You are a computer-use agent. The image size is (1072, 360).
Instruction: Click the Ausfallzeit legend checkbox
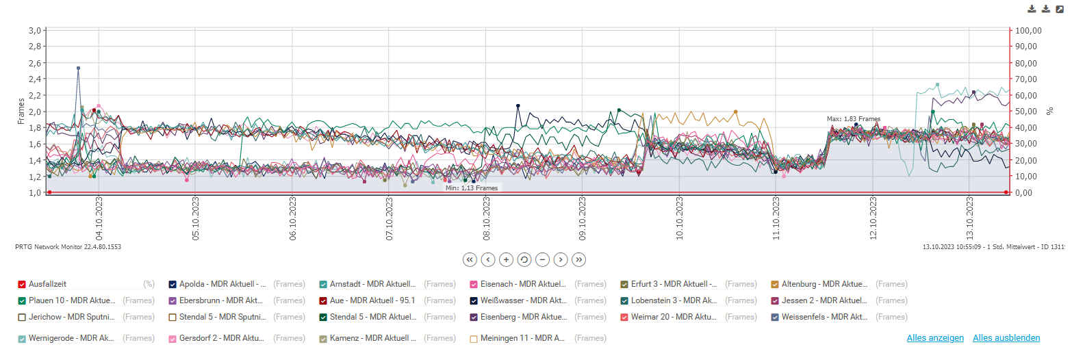pyautogui.click(x=22, y=284)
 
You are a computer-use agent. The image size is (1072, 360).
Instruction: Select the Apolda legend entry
pyautogui.click(x=205, y=284)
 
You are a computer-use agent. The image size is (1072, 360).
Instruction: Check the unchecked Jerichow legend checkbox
pyautogui.click(x=22, y=317)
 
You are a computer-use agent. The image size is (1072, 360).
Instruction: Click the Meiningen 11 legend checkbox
pyautogui.click(x=474, y=338)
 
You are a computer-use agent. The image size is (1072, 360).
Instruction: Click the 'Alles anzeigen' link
pyautogui.click(x=935, y=338)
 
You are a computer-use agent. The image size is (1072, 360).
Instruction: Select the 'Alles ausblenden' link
pyautogui.click(x=1006, y=338)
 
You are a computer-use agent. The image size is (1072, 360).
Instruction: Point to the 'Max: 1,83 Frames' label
pyautogui.click(x=854, y=119)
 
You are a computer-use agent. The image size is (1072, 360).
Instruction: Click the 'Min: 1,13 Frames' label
pyautogui.click(x=472, y=188)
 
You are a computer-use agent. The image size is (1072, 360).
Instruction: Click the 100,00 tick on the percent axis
pyautogui.click(x=1028, y=31)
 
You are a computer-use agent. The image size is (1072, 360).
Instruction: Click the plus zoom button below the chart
pyautogui.click(x=506, y=259)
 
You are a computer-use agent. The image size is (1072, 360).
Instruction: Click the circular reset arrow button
pyautogui.click(x=524, y=259)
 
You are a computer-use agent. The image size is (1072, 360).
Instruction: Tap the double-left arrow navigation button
pyautogui.click(x=469, y=259)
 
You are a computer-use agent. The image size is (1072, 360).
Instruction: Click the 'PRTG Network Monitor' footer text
pyautogui.click(x=68, y=246)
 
